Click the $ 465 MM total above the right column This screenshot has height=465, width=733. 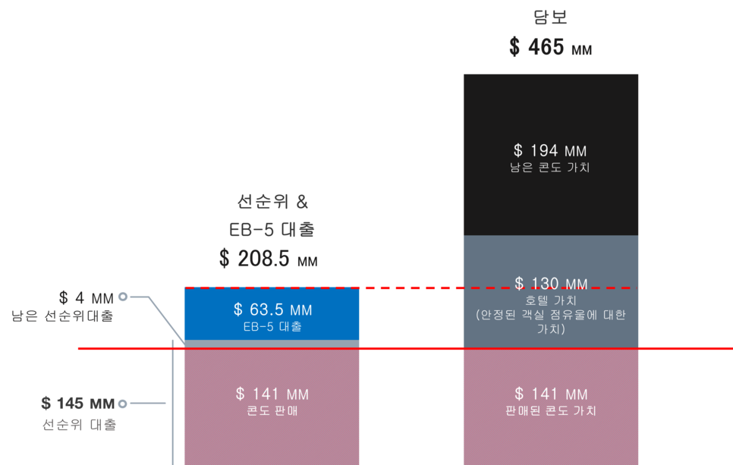point(550,47)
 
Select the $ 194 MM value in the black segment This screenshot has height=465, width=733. point(550,152)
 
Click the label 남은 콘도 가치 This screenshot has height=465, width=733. point(550,168)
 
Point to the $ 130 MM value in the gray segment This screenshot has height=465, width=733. point(550,284)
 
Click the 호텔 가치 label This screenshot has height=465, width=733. point(550,300)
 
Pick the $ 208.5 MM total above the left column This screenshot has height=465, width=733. point(268,259)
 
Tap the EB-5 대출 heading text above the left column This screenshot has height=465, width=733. point(272,229)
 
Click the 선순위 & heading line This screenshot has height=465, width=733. point(272,203)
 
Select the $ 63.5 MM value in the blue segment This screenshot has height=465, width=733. point(272,310)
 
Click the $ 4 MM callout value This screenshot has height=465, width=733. point(87,297)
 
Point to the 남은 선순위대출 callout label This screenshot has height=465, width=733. point(63,316)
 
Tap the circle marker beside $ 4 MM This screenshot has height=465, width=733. point(122,297)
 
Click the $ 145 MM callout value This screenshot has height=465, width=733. point(77,404)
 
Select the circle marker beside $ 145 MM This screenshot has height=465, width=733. point(122,404)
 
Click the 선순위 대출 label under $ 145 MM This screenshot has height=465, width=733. point(79,425)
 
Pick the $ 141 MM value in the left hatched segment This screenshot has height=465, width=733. point(272,394)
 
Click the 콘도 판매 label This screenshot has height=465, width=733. point(272,411)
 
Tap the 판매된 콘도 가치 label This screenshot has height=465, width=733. point(550,411)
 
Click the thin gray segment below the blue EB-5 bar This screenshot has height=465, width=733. point(272,344)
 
